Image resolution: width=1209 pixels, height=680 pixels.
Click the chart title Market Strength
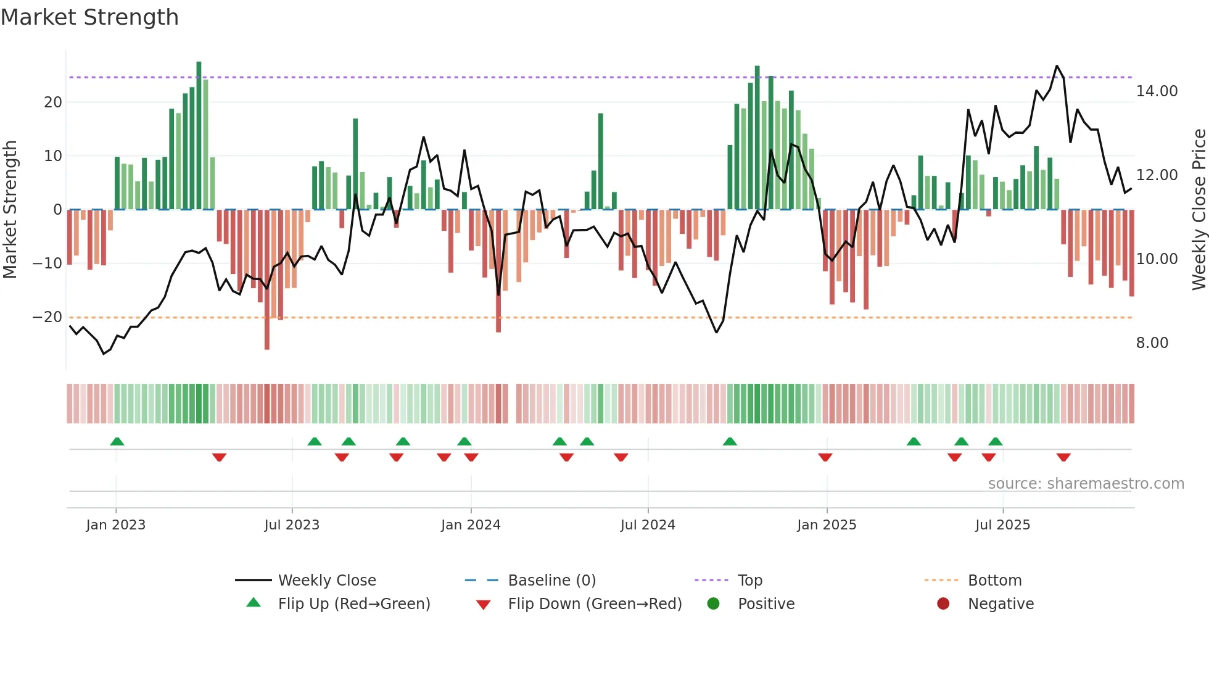click(x=89, y=17)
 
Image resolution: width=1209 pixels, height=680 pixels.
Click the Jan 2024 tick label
click(x=471, y=525)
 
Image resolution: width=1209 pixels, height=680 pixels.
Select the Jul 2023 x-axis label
click(x=292, y=525)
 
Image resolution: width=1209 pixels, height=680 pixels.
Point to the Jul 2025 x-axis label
click(x=1002, y=525)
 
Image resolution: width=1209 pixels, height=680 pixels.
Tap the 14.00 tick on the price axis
click(x=1157, y=91)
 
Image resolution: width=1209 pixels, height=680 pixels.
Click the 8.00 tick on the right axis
click(x=1152, y=343)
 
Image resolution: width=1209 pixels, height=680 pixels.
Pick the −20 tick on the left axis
click(x=47, y=317)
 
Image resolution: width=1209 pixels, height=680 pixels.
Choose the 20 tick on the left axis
click(x=53, y=102)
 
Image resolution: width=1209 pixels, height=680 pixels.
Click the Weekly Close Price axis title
click(x=1199, y=210)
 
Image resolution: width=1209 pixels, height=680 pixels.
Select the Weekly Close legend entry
click(x=326, y=581)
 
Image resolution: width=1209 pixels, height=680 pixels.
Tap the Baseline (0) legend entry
click(x=551, y=581)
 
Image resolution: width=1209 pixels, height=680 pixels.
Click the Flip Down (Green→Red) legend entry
click(x=595, y=604)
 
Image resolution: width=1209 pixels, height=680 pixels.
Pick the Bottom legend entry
click(x=994, y=581)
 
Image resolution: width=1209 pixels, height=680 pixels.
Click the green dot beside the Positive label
click(x=713, y=604)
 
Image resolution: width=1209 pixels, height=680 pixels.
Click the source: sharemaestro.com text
click(x=1086, y=484)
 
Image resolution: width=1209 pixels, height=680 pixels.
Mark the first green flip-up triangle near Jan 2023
click(x=117, y=441)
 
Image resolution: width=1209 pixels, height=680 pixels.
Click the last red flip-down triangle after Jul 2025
click(x=1063, y=457)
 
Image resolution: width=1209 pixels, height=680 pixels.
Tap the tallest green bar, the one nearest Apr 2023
click(x=199, y=136)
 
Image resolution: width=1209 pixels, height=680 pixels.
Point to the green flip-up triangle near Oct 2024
click(x=730, y=441)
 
